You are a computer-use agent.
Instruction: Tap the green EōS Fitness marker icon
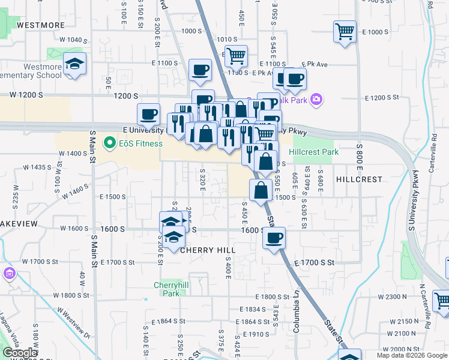109,143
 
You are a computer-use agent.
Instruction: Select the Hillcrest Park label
313,152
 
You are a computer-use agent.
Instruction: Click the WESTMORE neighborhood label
41,25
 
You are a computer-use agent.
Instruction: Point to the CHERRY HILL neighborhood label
208,250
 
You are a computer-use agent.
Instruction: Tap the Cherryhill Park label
167,289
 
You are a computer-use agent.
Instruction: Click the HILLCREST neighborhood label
359,179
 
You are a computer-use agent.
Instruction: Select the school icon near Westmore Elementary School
75,64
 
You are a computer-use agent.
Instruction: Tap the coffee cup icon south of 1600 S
274,238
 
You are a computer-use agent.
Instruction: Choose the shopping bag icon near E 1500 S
261,190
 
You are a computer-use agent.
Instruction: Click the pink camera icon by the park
316,99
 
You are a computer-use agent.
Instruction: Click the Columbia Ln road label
296,303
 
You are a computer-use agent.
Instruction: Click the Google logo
19,353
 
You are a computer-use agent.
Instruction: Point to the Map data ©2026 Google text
411,355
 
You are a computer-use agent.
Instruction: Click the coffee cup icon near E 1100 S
200,70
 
